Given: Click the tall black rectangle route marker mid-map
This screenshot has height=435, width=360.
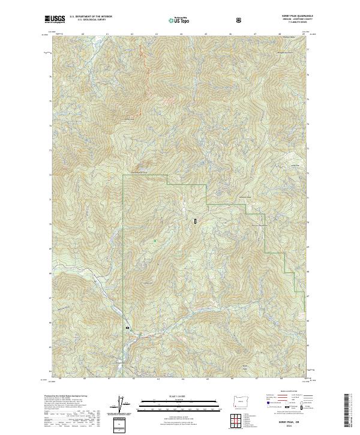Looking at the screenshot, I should [x=196, y=221].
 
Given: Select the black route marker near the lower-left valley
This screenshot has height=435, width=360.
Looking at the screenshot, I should [x=127, y=328].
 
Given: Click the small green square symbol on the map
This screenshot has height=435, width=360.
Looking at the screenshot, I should [x=155, y=241].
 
